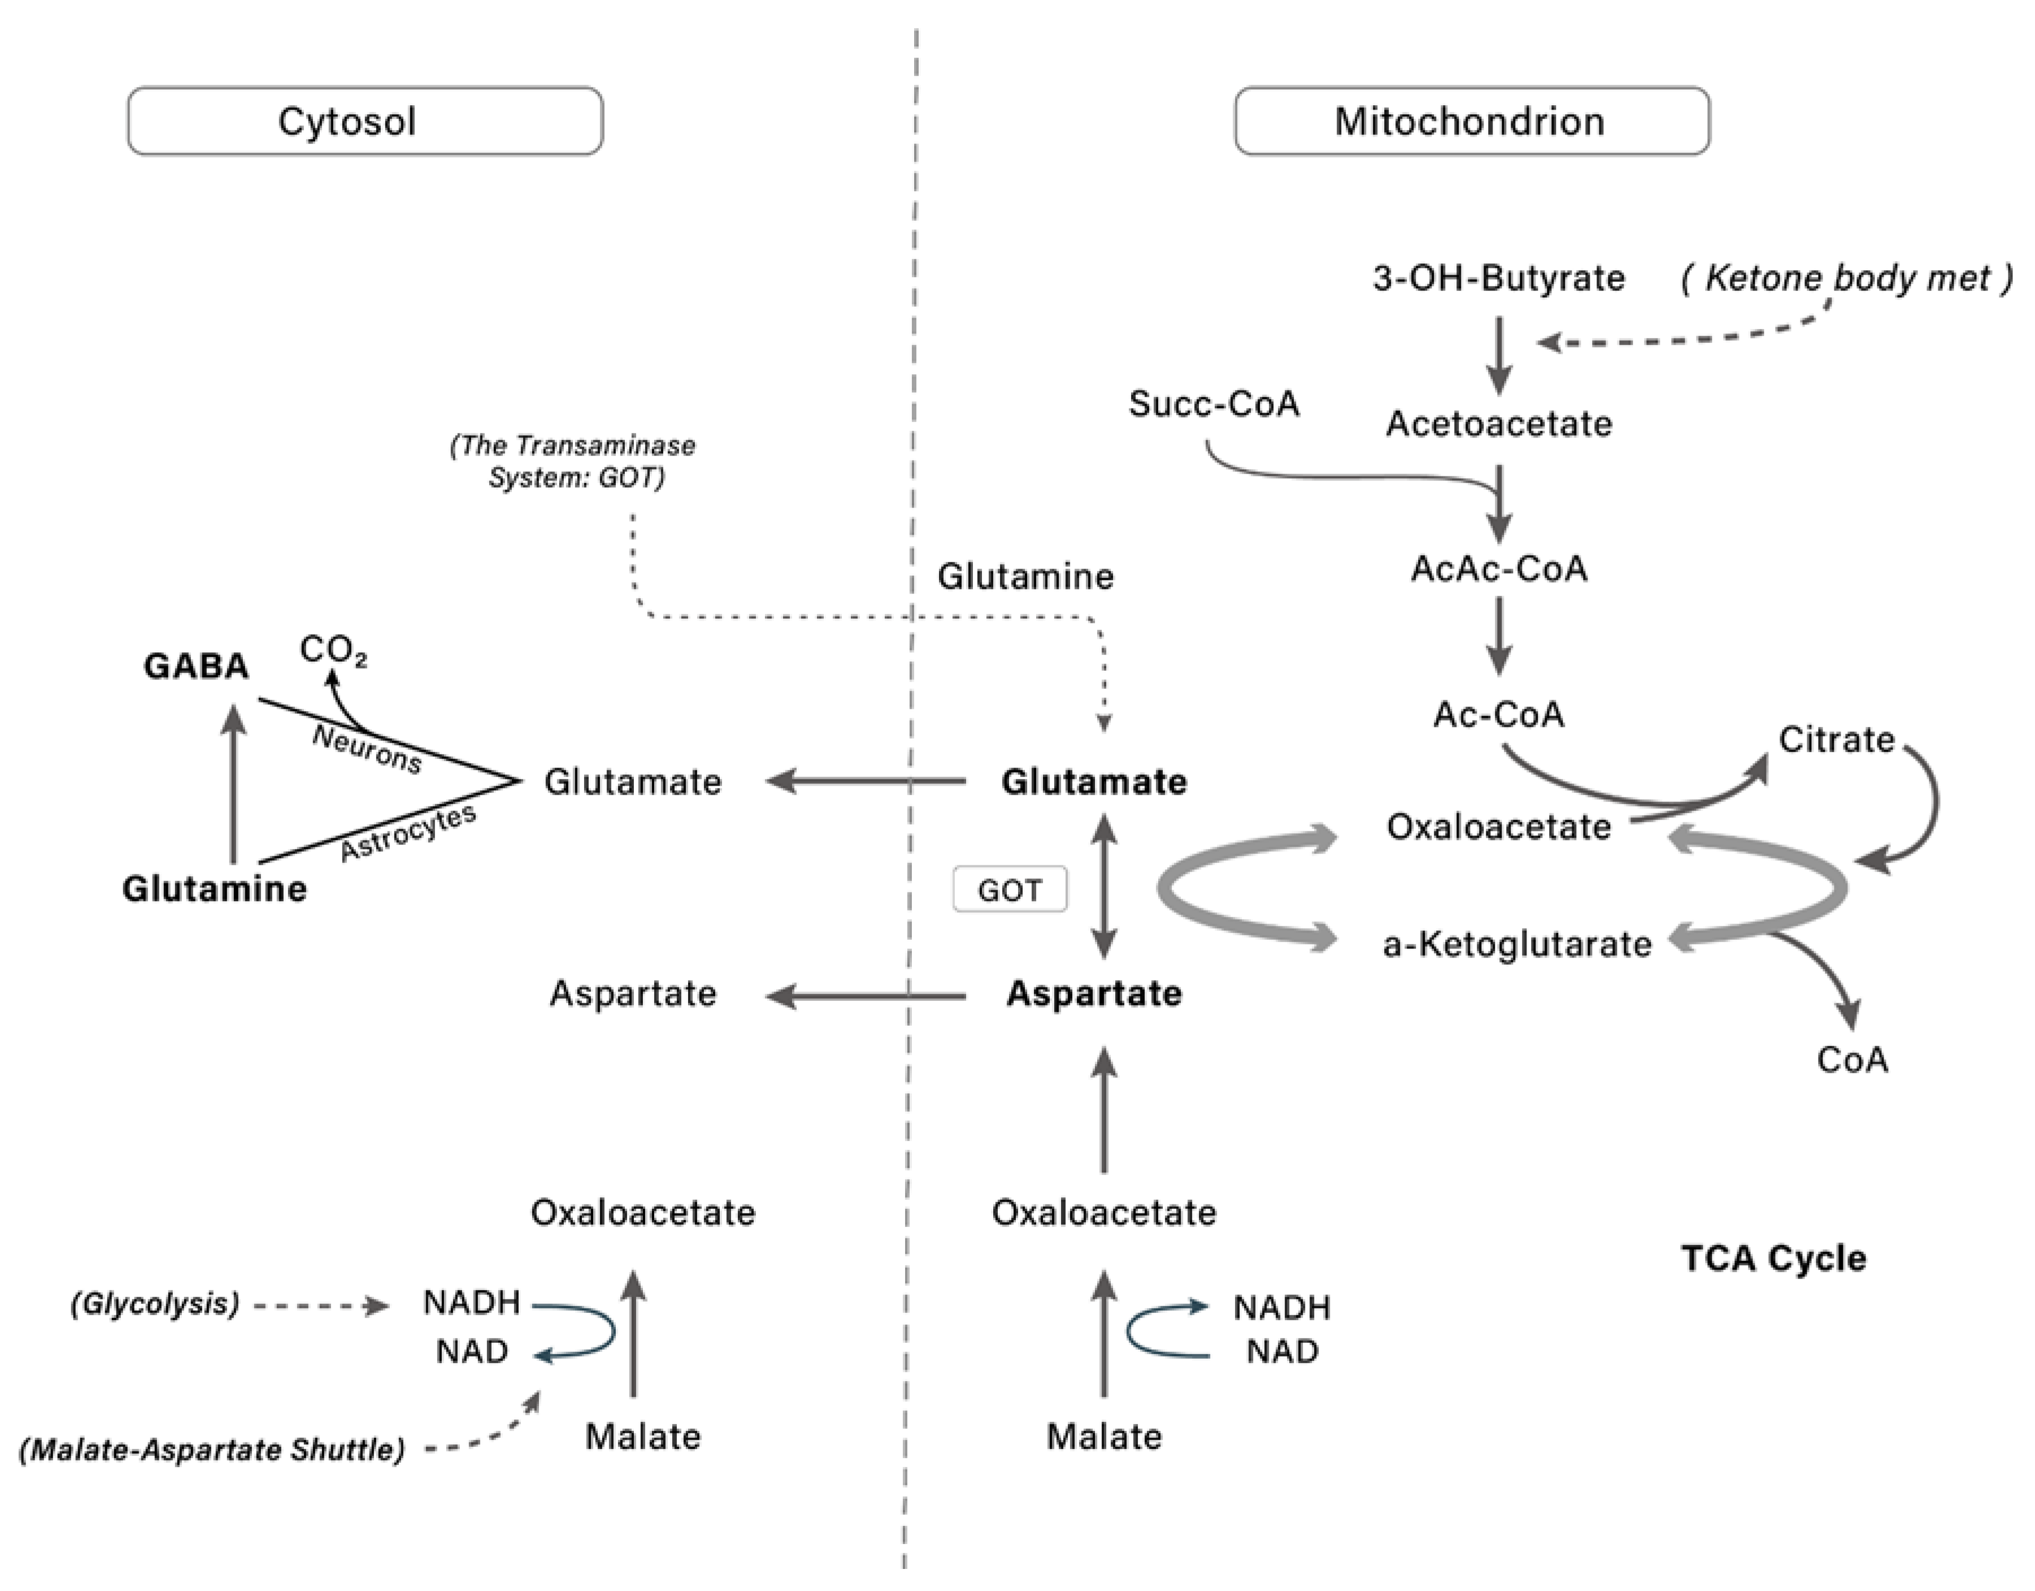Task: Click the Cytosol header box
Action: (366, 121)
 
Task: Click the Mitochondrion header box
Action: (1471, 121)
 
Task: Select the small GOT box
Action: (1009, 890)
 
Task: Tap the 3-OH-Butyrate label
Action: (1498, 278)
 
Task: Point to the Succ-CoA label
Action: (1213, 404)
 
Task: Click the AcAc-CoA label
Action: (1498, 569)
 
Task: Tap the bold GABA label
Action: (195, 666)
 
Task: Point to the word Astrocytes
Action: (407, 833)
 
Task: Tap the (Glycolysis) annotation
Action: (155, 1303)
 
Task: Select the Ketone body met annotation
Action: (1846, 278)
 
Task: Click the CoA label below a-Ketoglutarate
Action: (1851, 1060)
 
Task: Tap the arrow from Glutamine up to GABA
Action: (234, 783)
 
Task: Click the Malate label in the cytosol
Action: (642, 1436)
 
